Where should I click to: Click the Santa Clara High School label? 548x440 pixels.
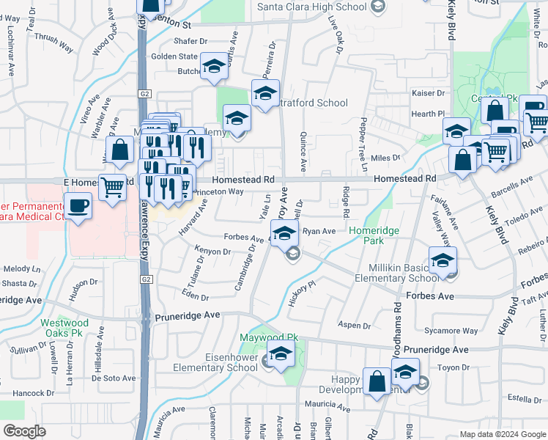[311, 7]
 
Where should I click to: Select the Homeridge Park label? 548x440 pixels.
[374, 235]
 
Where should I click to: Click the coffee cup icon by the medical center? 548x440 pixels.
[78, 205]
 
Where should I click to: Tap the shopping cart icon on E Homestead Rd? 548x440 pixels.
[111, 188]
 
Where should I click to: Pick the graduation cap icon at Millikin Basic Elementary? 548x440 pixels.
[443, 260]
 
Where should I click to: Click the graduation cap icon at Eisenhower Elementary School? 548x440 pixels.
[280, 354]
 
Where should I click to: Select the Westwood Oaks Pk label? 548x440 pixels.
[64, 328]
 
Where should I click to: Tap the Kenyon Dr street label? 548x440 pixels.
[212, 252]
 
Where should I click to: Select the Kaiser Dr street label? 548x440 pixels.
[429, 94]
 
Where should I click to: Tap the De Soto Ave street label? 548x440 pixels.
[113, 378]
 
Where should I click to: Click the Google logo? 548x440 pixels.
[25, 431]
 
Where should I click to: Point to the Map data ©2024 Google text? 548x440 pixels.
[502, 434]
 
